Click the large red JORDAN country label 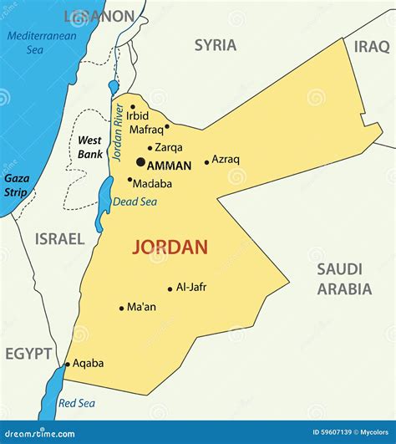tap(170, 248)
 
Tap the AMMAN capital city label tap(169, 166)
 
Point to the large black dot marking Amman tap(140, 162)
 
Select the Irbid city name tap(138, 115)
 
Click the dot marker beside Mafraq tap(167, 127)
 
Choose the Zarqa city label tap(169, 147)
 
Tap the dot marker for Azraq tap(206, 161)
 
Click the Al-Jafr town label tap(191, 287)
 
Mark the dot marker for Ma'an tap(121, 308)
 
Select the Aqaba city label tap(89, 363)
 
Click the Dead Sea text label tap(134, 201)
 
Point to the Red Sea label tap(77, 403)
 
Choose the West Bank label tap(90, 147)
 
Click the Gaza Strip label tap(16, 185)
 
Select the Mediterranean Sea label tap(41, 43)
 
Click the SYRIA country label tap(216, 45)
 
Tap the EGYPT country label tap(28, 354)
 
